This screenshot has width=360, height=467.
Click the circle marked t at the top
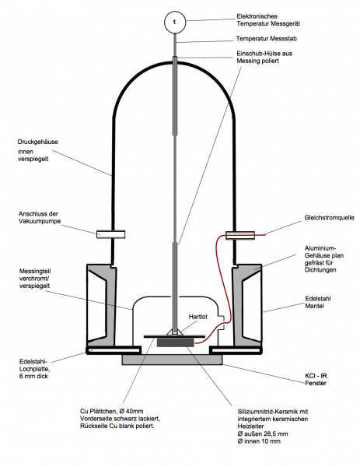175,22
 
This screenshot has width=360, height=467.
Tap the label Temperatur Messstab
266,39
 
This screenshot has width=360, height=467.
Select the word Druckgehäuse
37,142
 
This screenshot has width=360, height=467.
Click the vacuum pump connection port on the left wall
110,234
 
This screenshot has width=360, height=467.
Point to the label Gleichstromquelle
330,218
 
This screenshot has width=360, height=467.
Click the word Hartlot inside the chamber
197,317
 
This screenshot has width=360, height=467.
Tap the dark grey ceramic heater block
175,342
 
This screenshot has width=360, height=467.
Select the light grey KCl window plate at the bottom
172,360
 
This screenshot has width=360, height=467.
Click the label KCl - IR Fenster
316,380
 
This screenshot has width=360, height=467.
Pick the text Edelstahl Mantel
318,302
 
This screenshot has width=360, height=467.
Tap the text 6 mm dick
33,376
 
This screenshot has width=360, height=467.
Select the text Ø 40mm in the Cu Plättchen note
131,411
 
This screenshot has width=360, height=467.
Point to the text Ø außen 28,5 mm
263,434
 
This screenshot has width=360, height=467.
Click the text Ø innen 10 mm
259,441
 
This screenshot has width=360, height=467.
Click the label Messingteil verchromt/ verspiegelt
35,279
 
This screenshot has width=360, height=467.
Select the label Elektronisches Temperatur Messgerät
268,20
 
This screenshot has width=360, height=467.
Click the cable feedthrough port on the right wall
240,236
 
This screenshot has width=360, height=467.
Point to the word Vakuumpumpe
40,221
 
